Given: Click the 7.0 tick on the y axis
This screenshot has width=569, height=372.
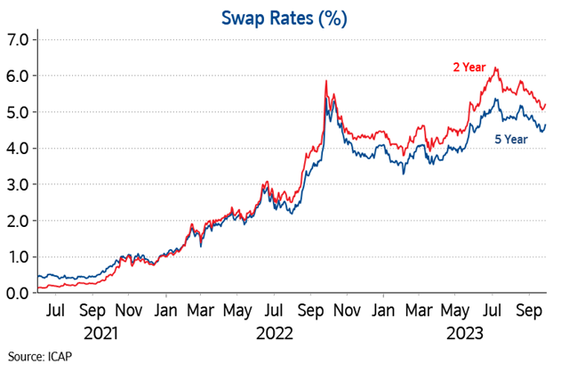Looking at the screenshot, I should pos(18,40).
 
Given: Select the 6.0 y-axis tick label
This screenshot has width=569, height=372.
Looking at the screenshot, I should pos(18,77).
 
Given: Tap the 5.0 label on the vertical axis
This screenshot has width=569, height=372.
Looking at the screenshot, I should pos(18,112).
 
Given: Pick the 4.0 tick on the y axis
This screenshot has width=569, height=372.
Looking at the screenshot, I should pos(18,149).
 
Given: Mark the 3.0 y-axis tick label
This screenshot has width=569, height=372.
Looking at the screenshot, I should pos(18,184).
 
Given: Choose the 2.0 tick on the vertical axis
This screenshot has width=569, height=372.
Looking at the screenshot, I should pos(18,221).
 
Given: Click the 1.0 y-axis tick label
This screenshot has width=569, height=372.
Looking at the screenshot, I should pos(18,257).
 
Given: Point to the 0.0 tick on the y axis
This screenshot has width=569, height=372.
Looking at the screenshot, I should pos(18,293).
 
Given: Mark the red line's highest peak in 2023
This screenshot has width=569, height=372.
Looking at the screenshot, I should pos(495,69).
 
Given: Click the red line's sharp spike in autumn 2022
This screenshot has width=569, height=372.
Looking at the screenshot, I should pos(326,81).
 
